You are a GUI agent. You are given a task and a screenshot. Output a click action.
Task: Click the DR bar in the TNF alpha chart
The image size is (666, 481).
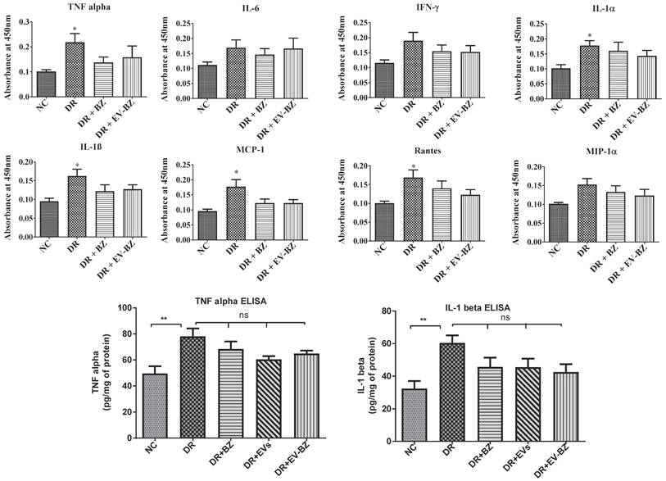pyautogui.click(x=75, y=70)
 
